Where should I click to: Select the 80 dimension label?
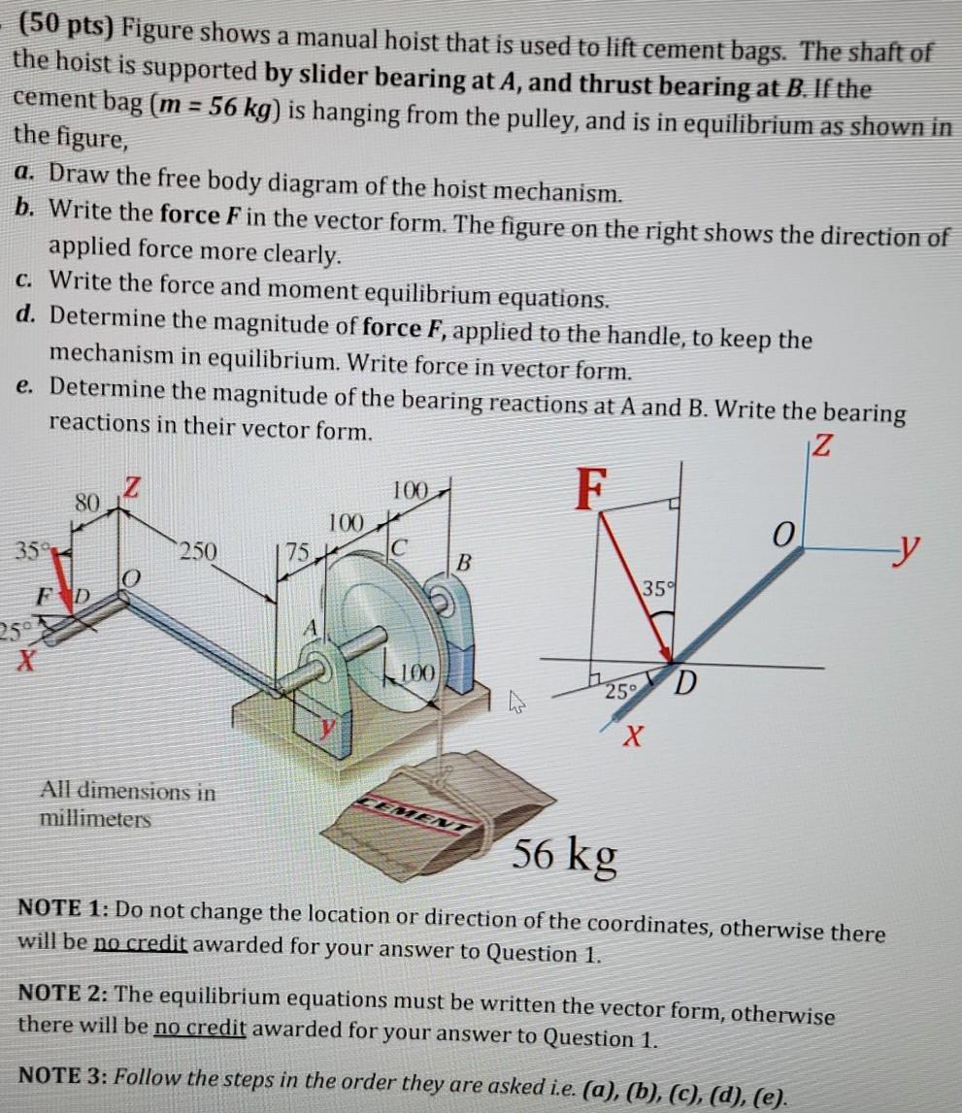[x=88, y=503]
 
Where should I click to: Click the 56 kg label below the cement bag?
[x=564, y=856]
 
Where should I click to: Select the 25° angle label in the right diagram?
[x=615, y=692]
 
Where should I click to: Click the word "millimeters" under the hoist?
[x=95, y=819]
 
